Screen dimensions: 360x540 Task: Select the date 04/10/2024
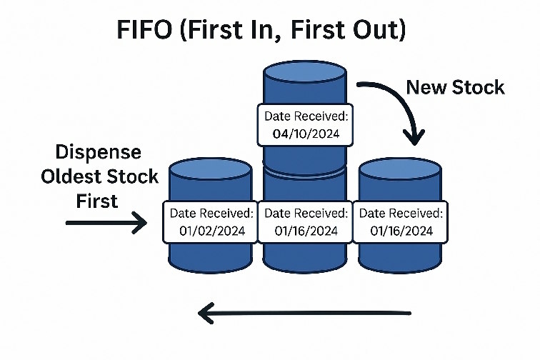click(306, 134)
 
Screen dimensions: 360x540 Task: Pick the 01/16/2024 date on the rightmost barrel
click(402, 231)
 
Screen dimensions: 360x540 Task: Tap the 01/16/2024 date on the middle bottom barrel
click(306, 231)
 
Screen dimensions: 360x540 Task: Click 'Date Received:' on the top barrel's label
click(306, 116)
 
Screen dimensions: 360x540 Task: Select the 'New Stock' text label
click(455, 87)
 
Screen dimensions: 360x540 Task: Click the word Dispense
click(99, 152)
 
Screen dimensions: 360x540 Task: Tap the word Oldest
click(71, 176)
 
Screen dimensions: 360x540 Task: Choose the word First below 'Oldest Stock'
click(97, 201)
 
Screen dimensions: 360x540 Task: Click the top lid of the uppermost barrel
click(305, 75)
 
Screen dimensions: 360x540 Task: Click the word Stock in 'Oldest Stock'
click(131, 176)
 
